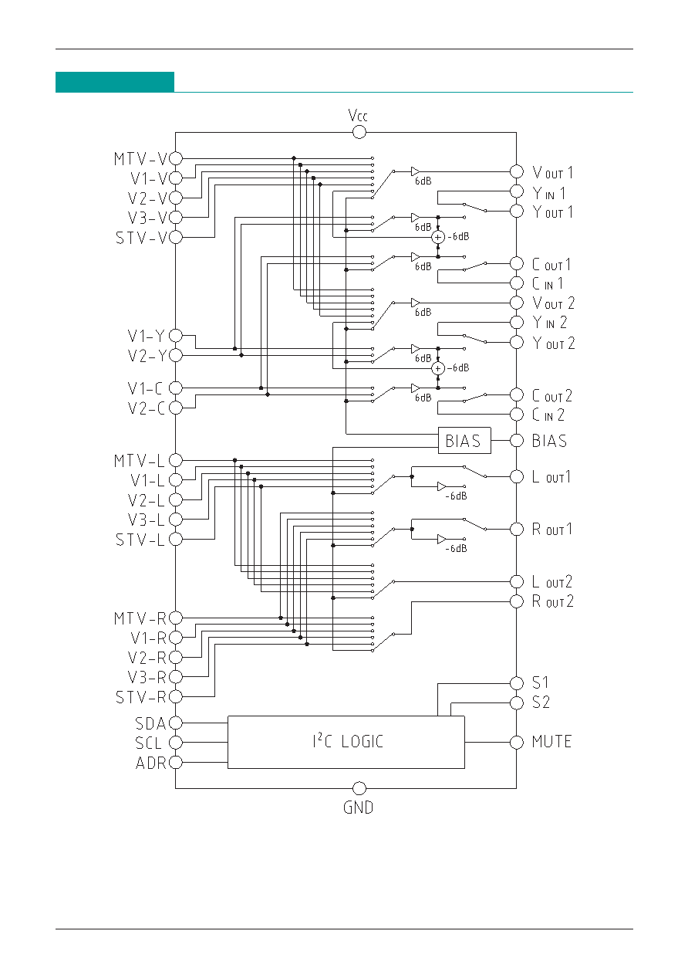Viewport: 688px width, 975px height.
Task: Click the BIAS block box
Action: tap(464, 441)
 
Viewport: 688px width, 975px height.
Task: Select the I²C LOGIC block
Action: tap(346, 742)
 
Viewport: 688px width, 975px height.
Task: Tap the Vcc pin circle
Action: tap(359, 132)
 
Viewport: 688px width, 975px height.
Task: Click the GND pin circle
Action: tap(359, 788)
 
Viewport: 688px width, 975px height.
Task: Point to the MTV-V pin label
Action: tap(140, 159)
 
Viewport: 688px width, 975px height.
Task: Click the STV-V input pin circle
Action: tap(176, 236)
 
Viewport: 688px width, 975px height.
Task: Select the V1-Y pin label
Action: tap(146, 337)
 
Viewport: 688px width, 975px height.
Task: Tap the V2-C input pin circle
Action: tap(176, 407)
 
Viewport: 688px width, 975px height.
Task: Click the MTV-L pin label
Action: tap(140, 461)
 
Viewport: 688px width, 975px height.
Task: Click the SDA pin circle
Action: tap(176, 723)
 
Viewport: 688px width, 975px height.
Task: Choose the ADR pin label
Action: tap(150, 763)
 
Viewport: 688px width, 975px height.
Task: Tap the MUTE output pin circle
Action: tap(516, 742)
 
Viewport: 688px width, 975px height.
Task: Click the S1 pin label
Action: tap(541, 683)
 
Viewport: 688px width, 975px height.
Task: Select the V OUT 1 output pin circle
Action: tap(516, 171)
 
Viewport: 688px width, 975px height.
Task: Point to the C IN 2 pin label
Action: tap(548, 415)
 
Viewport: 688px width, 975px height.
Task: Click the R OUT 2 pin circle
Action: tap(516, 601)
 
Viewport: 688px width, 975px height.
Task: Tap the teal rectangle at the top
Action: tap(115, 82)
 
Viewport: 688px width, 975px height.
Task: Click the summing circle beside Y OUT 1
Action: tap(438, 236)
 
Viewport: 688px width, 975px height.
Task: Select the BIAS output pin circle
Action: tap(516, 441)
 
